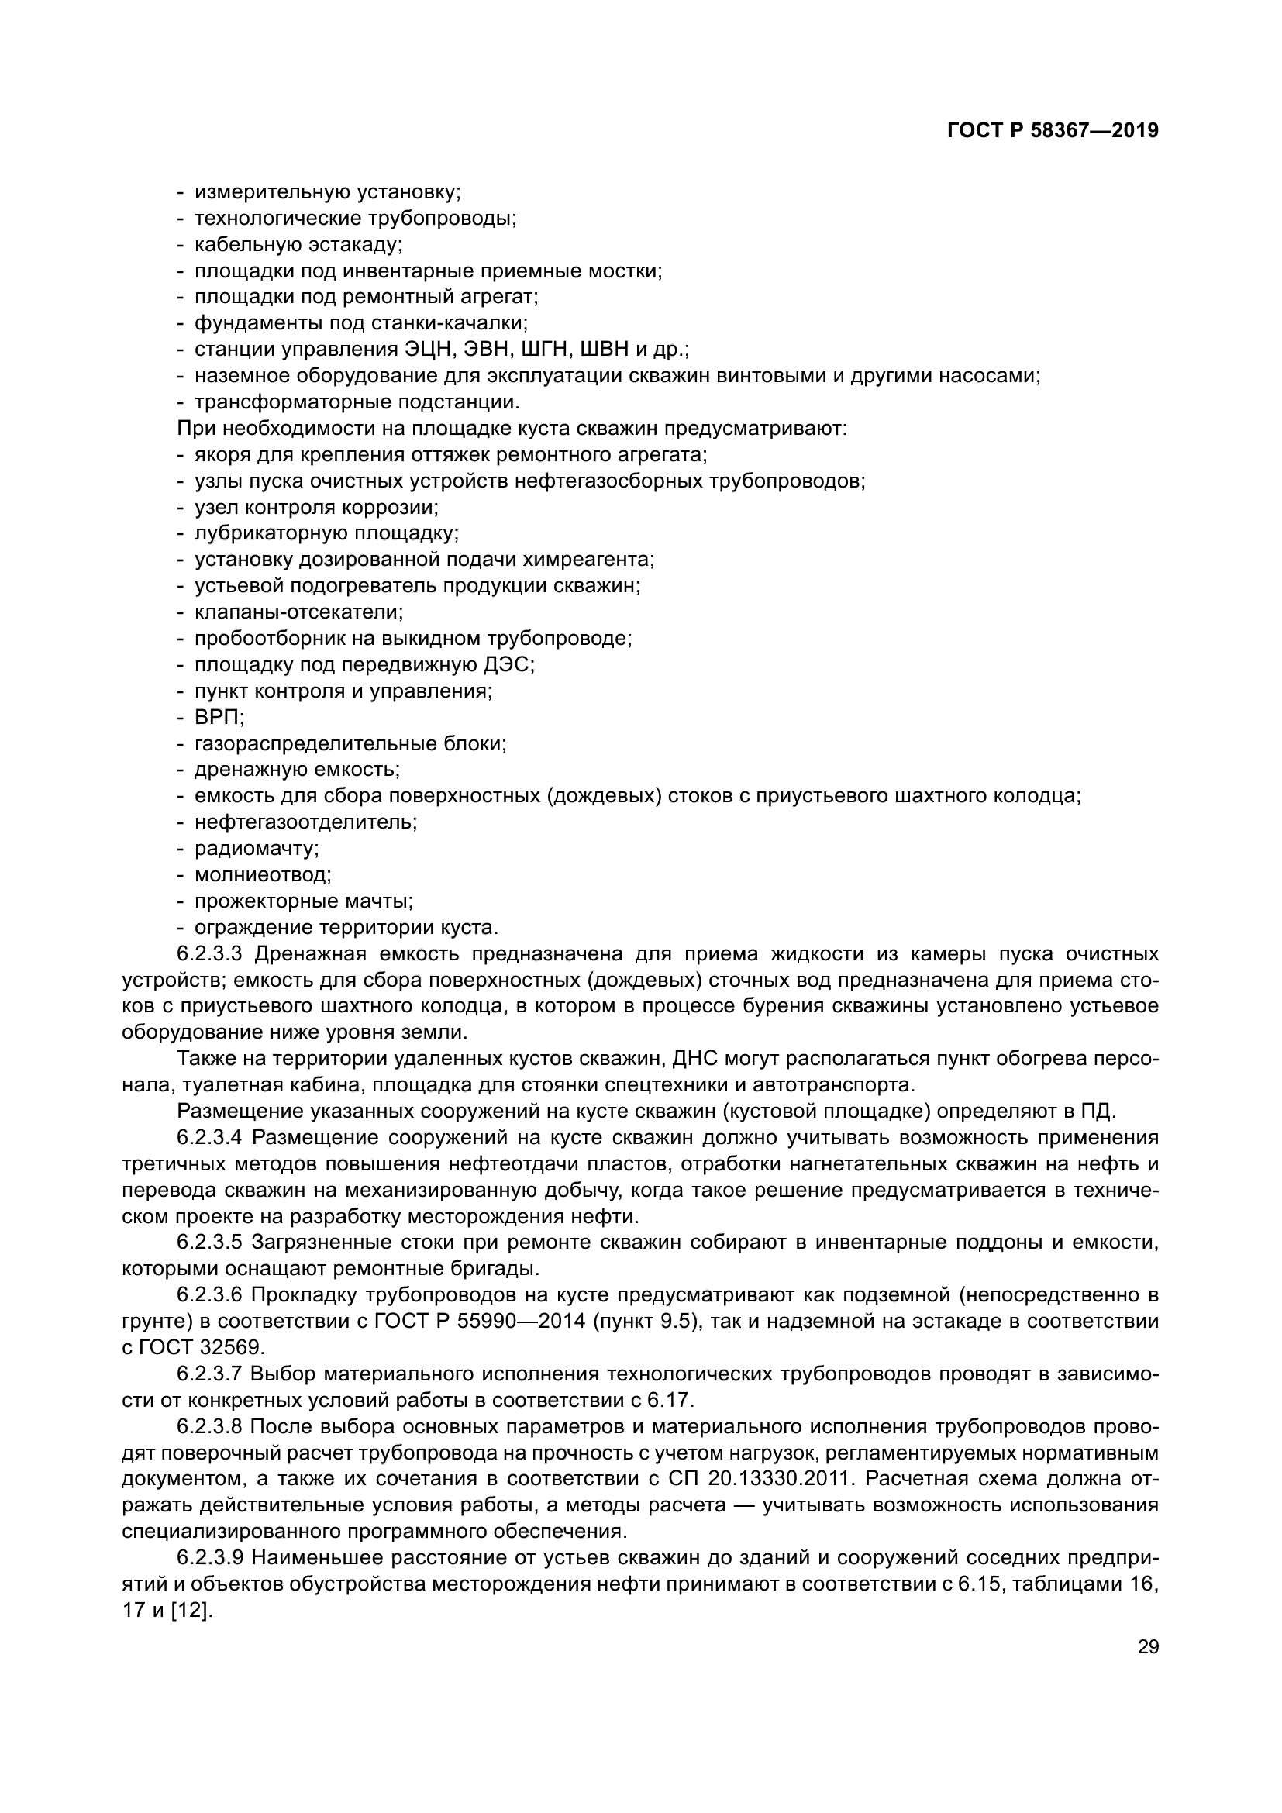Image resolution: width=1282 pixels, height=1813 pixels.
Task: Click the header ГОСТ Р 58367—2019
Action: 1053,131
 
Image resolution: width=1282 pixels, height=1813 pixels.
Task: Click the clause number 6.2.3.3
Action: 209,954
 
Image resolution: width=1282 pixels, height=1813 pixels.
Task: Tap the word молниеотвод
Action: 262,875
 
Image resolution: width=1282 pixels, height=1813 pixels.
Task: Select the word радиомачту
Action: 256,849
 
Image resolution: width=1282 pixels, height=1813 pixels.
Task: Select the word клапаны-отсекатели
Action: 298,612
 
